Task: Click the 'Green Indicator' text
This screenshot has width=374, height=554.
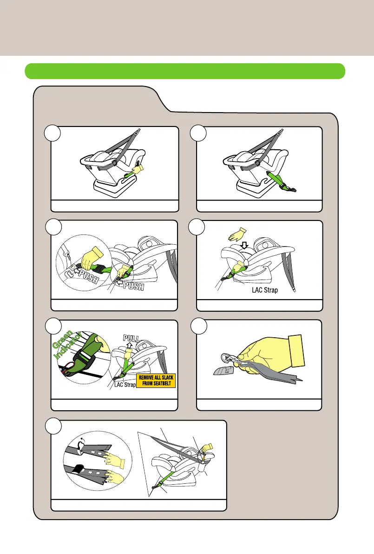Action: pyautogui.click(x=68, y=346)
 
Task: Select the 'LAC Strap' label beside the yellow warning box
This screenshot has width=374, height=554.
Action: pyautogui.click(x=125, y=385)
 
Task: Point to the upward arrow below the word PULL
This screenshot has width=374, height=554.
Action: pyautogui.click(x=130, y=347)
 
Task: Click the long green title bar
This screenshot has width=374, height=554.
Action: pyautogui.click(x=185, y=71)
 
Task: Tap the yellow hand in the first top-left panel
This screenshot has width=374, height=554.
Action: pyautogui.click(x=138, y=165)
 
